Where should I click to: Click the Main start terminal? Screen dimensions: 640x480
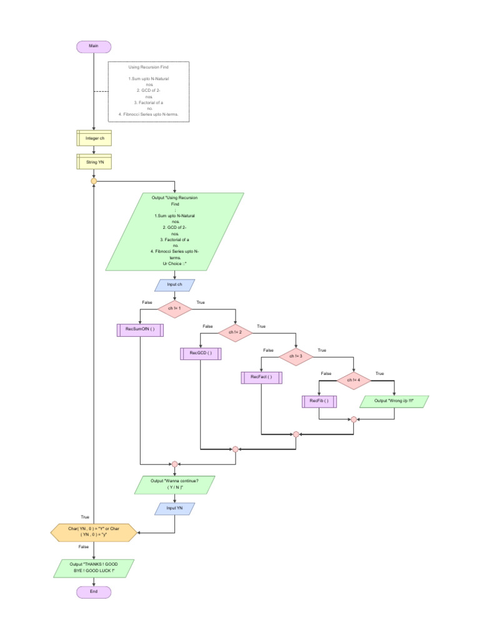[x=94, y=47]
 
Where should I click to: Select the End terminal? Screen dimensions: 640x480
[x=94, y=591]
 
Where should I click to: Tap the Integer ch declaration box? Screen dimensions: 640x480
[x=94, y=137]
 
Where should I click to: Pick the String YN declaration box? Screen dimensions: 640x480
[x=94, y=162]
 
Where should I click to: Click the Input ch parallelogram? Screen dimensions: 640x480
[x=175, y=285]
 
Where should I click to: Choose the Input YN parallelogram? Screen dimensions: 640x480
[x=175, y=509]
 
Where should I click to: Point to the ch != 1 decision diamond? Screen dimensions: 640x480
[x=175, y=307]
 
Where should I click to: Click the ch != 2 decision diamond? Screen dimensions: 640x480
[x=235, y=332]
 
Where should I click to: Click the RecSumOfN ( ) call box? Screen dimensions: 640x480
[x=140, y=329]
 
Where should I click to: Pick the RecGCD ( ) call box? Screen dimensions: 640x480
[x=201, y=353]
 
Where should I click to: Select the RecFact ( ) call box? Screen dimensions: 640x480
[x=261, y=377]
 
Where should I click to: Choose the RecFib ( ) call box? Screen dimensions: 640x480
[x=319, y=401]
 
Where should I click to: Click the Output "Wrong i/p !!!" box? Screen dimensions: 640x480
[x=394, y=401]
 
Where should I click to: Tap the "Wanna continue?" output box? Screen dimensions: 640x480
[x=175, y=485]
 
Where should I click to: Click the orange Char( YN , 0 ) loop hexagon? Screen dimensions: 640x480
[x=93, y=532]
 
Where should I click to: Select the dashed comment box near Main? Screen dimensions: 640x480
[x=149, y=91]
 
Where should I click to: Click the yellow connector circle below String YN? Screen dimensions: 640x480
[x=94, y=181]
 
